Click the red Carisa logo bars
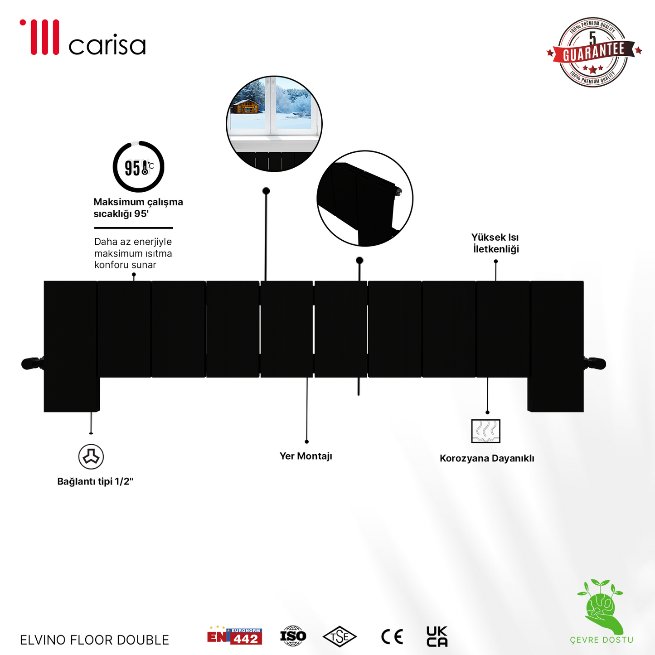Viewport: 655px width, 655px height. pos(39,37)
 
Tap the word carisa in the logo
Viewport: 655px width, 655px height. pos(107,44)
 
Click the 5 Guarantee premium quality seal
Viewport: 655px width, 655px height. pos(594,52)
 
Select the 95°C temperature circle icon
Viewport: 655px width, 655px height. pos(138,166)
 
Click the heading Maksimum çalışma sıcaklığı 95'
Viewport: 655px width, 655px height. pos(138,208)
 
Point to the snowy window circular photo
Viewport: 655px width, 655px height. pos(274,124)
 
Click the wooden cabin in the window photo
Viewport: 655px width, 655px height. pos(244,106)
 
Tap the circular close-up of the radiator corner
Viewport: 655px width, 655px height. pos(365,199)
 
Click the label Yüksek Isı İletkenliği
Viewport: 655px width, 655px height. pos(495,243)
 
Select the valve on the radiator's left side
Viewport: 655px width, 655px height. pos(33,364)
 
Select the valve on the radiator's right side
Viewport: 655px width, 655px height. pos(595,364)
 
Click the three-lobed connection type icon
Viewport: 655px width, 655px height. pos(91,456)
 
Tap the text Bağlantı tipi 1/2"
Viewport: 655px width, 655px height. pos(95,481)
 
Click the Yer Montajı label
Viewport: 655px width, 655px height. pos(306,456)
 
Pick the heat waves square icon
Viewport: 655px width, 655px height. pos(485,431)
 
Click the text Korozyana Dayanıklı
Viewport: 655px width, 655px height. pos(487,458)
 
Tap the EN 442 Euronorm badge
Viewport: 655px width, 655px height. pos(234,636)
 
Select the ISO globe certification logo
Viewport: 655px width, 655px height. pos(293,636)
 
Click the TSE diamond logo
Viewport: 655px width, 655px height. pos(339,637)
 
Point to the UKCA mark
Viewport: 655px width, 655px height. pos(437,636)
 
